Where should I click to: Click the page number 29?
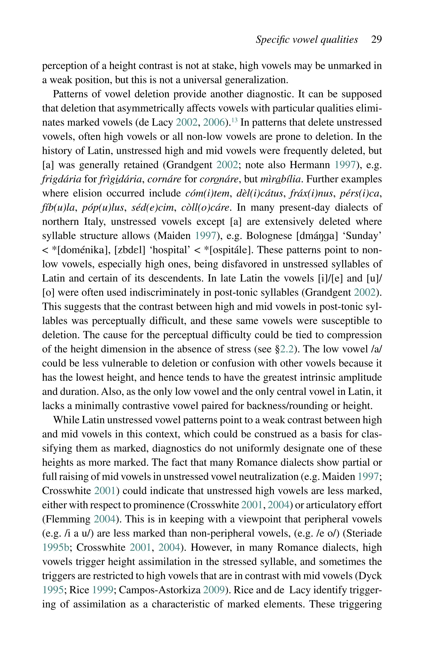[376, 39]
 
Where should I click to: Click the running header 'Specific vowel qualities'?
[307, 39]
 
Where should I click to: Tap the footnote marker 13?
[234, 120]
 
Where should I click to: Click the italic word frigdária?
[62, 179]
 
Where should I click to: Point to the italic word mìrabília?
[281, 179]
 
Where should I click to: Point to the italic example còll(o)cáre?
[205, 208]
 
